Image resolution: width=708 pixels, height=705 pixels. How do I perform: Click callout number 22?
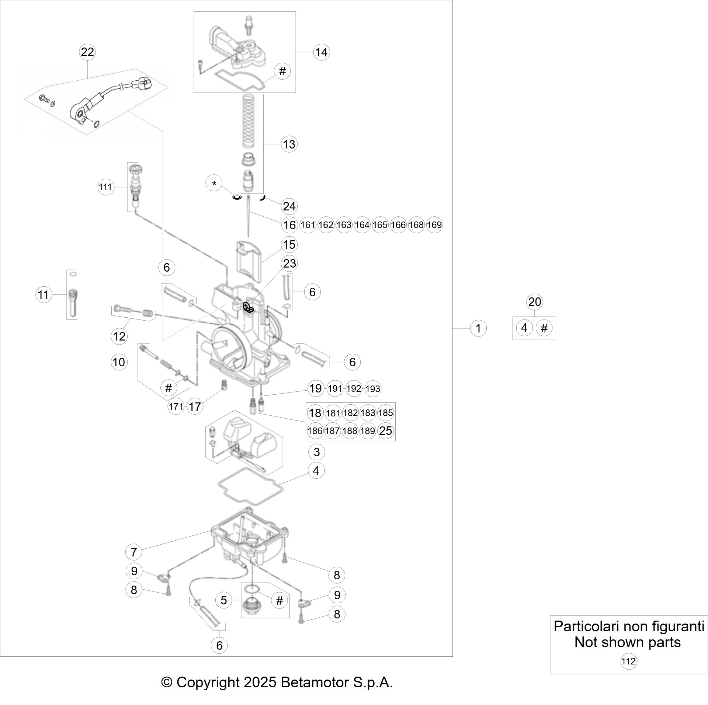click(x=87, y=52)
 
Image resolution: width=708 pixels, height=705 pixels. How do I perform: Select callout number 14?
click(x=321, y=52)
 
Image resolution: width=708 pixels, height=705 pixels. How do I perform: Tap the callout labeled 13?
click(x=289, y=144)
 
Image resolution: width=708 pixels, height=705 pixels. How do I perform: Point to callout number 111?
click(x=105, y=187)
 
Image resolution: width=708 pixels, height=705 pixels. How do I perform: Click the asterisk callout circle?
click(x=215, y=183)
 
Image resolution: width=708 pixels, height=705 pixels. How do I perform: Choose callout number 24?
click(x=289, y=206)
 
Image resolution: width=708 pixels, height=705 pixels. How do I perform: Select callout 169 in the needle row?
click(x=434, y=225)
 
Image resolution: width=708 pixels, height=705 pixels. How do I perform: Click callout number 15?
click(x=289, y=244)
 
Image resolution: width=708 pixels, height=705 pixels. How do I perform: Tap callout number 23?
click(x=289, y=263)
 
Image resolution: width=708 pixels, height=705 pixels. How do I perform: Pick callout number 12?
click(x=119, y=336)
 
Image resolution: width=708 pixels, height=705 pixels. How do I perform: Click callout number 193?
click(x=372, y=388)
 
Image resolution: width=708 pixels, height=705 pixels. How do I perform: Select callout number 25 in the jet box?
click(x=385, y=430)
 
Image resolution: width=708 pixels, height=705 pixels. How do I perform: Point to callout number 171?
click(x=176, y=406)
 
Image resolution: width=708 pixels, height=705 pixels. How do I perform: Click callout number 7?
click(x=133, y=552)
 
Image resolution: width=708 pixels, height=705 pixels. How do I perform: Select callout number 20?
click(x=535, y=302)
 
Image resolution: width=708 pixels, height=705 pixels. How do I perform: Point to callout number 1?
click(x=478, y=328)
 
